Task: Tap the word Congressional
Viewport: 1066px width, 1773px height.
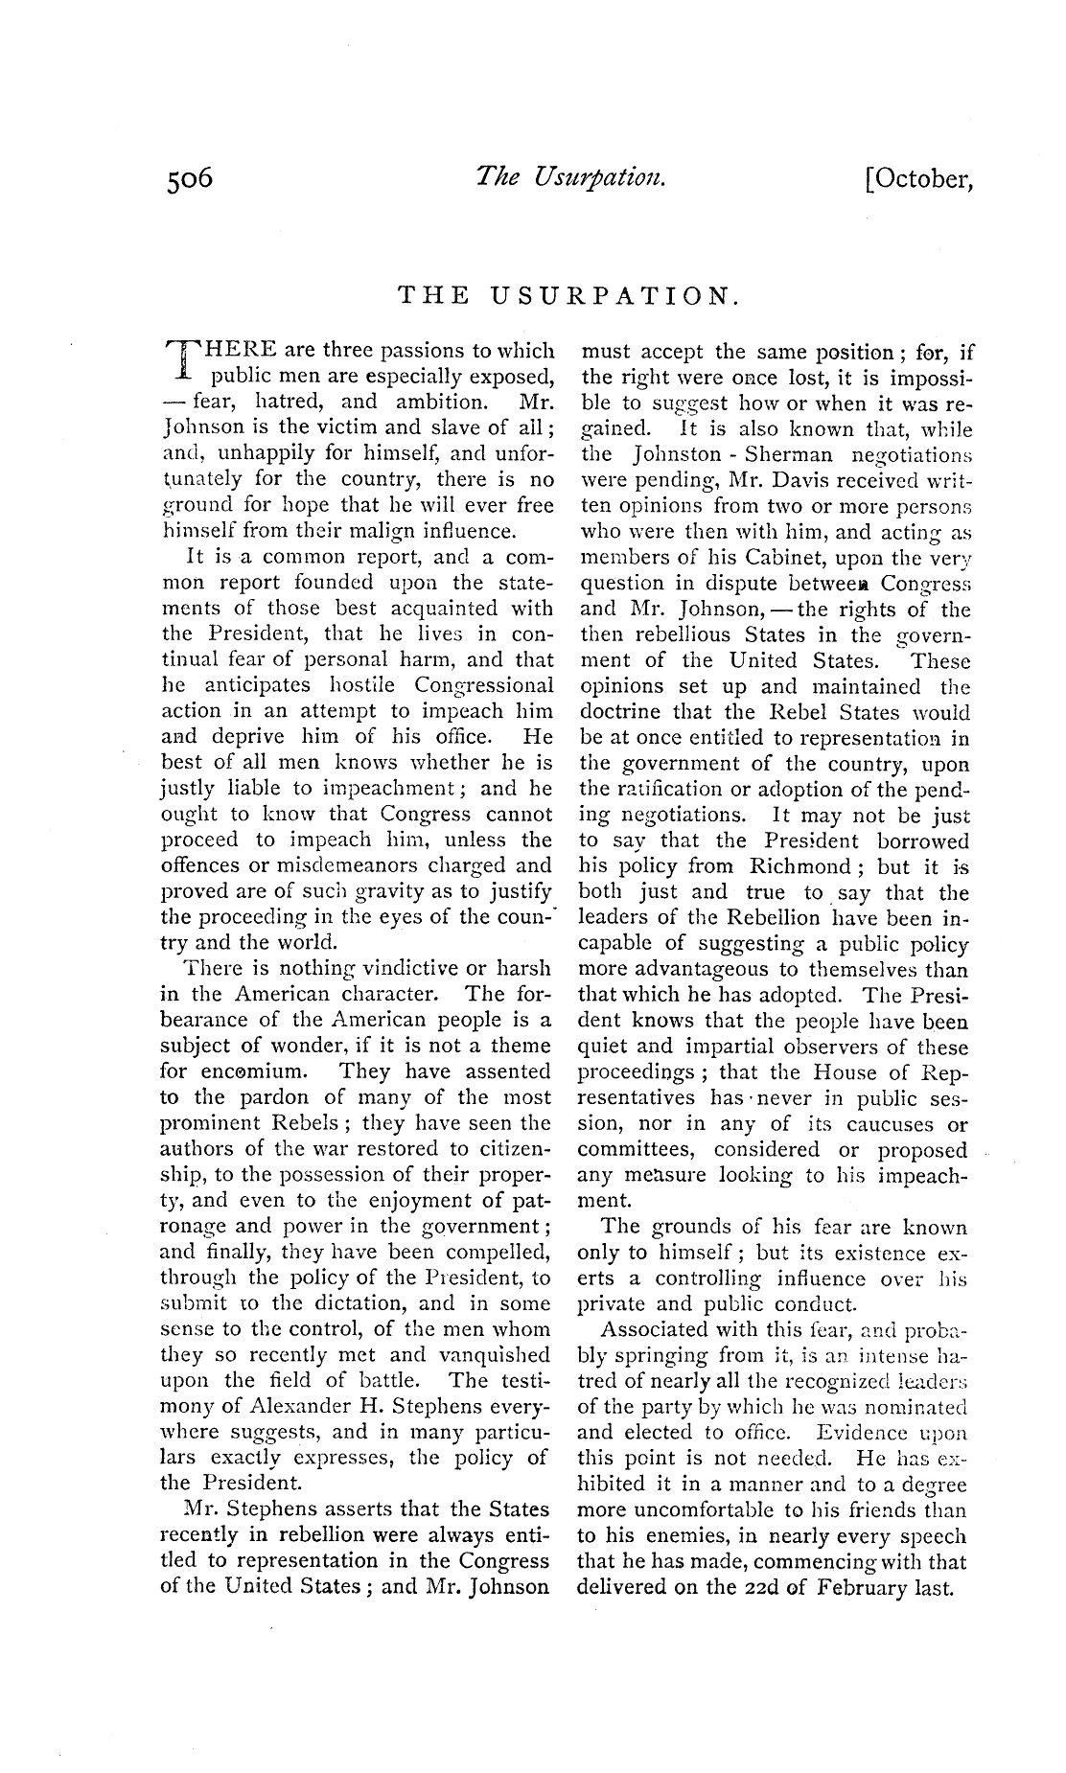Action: pos(484,685)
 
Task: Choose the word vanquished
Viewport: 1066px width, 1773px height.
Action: pos(495,1355)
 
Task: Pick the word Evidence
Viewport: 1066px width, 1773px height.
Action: pos(861,1434)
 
